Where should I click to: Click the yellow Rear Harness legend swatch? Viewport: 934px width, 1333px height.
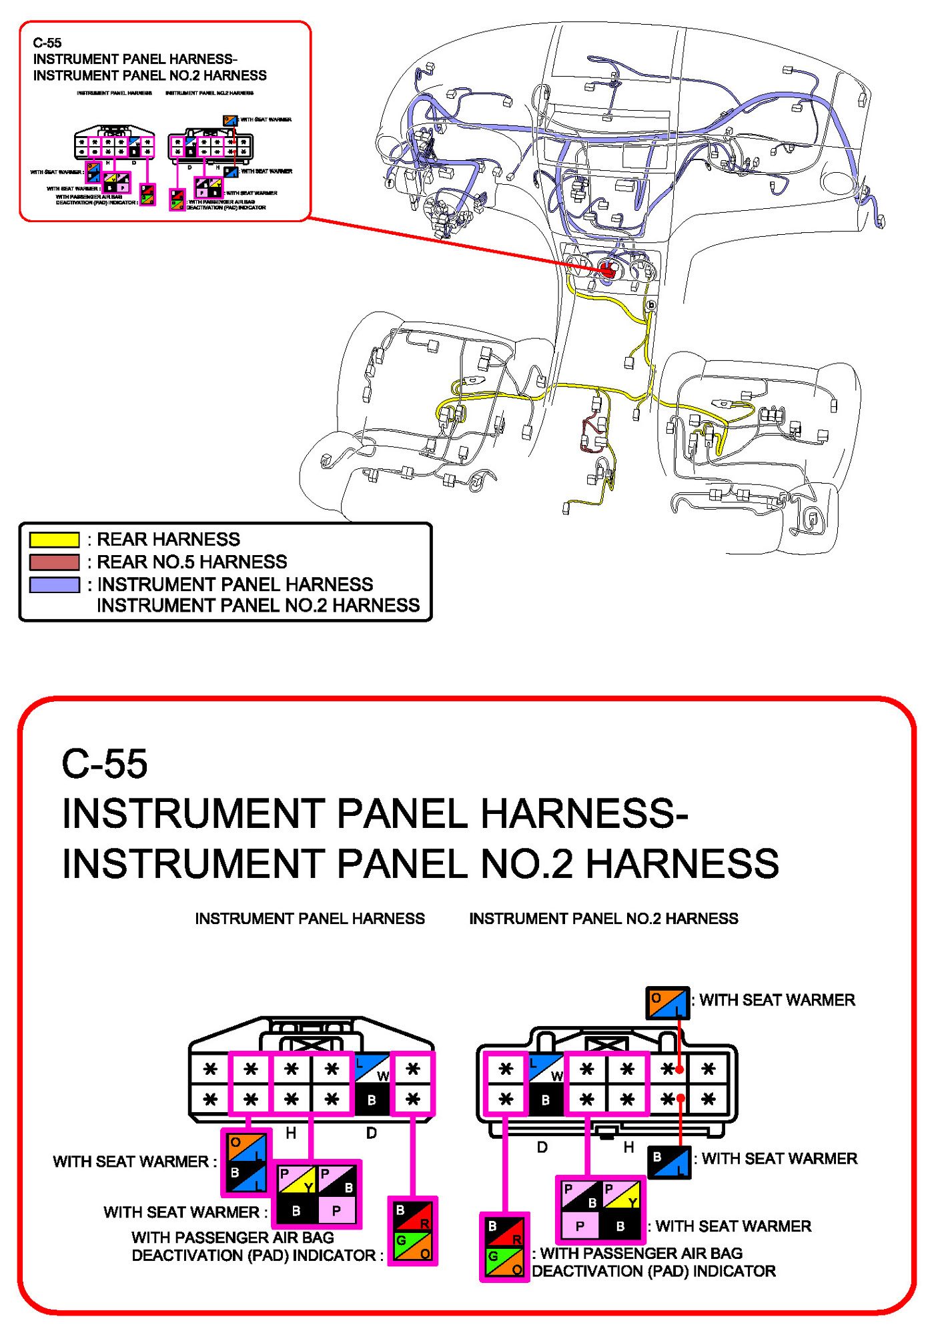54,539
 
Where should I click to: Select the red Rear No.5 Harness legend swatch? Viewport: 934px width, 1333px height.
54,562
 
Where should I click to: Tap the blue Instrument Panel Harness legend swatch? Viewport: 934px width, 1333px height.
54,584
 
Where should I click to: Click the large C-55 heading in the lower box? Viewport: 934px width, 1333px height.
105,764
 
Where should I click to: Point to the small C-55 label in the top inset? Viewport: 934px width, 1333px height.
47,43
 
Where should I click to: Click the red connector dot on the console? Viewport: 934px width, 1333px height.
607,270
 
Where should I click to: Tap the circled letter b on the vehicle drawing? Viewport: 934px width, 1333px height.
651,306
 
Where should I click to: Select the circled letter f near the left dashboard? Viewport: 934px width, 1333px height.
390,182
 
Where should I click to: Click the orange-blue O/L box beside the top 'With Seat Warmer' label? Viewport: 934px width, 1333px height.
667,1003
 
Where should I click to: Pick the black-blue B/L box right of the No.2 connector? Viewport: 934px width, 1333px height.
669,1162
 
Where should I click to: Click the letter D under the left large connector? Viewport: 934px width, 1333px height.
372,1133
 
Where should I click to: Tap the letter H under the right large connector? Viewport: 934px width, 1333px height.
628,1147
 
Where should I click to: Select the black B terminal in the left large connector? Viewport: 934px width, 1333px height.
372,1099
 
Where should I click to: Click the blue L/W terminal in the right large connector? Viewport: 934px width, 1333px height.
546,1069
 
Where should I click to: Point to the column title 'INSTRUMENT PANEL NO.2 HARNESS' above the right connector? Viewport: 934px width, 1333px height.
603,919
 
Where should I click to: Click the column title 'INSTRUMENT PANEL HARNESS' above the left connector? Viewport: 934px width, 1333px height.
310,919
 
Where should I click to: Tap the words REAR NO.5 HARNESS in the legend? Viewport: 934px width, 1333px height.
191,562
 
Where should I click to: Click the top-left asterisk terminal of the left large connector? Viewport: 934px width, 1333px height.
210,1069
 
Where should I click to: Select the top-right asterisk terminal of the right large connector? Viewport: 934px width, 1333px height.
709,1069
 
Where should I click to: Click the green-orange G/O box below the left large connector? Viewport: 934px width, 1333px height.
413,1246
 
